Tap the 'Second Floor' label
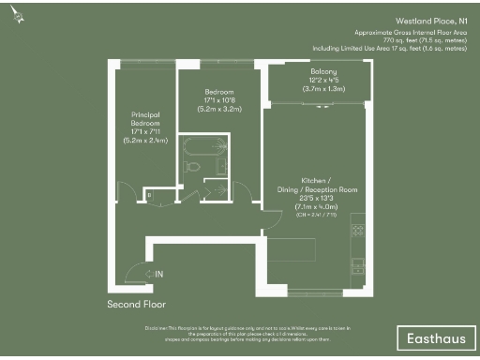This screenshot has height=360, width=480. click(136, 305)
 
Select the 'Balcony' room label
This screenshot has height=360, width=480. click(323, 71)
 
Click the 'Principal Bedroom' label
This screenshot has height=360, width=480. click(144, 118)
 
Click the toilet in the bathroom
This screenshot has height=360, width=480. click(192, 167)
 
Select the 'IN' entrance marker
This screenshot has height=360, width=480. click(158, 274)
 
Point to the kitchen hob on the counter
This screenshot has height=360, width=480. click(357, 231)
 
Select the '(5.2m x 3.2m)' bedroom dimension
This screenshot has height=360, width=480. click(218, 110)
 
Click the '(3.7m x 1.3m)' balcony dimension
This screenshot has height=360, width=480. click(323, 88)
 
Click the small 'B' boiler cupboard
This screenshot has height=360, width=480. click(148, 194)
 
